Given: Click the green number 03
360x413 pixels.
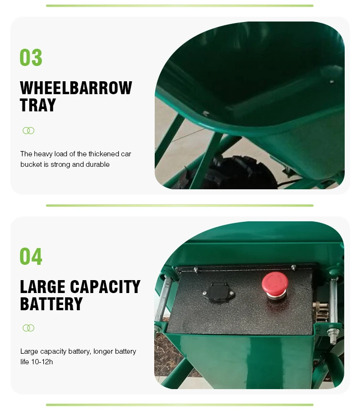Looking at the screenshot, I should coord(31,58).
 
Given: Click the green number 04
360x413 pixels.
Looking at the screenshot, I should coord(31,256).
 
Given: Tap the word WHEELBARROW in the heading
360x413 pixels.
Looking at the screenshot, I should coord(76,88).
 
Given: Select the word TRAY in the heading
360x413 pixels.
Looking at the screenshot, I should coord(38,105).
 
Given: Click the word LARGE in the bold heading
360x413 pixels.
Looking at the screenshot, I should coord(42,287).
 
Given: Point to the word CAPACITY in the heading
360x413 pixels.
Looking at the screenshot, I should coord(105,287).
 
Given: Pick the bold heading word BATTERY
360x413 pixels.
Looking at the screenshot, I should coord(52,304).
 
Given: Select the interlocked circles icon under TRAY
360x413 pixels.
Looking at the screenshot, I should coord(29,130).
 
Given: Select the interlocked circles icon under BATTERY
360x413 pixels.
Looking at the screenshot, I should coord(29,328).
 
